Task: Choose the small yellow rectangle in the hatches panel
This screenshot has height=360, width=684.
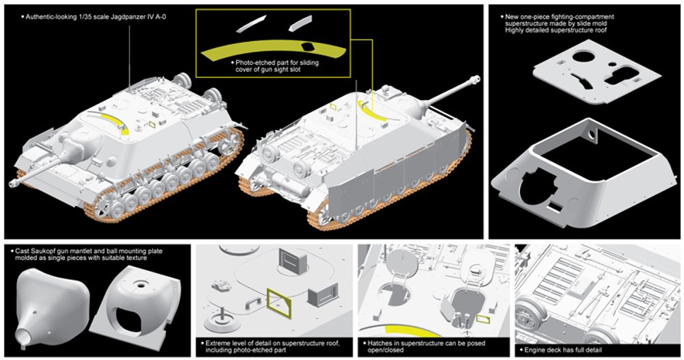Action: (483, 318)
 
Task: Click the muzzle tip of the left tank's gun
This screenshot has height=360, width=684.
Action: (14, 183)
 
